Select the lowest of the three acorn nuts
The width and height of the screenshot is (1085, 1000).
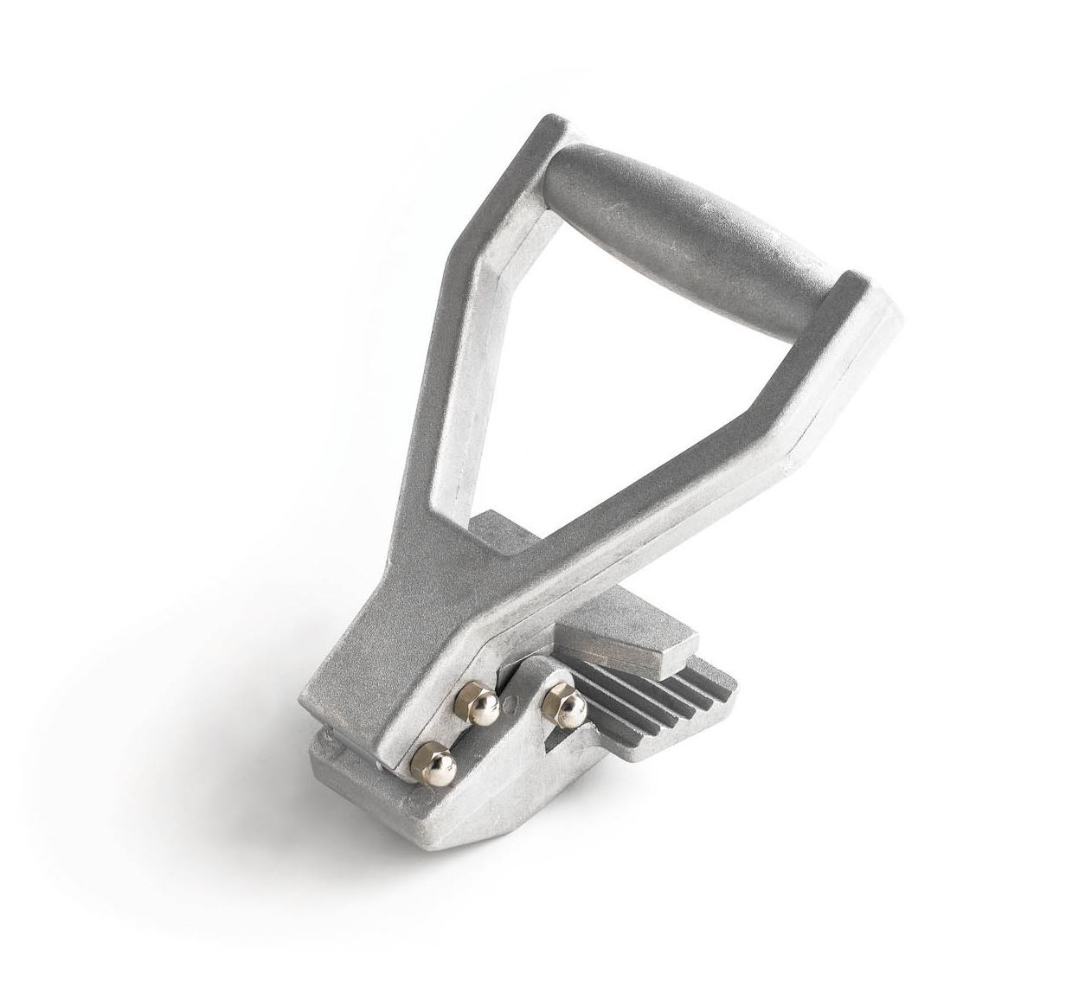(427, 760)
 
